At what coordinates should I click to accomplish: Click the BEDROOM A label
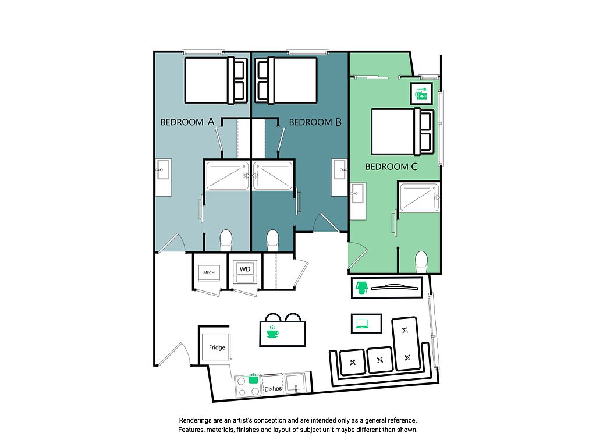187,122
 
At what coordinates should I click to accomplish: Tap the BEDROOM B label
315,122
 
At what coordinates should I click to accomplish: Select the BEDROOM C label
392,166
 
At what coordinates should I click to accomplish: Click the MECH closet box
209,272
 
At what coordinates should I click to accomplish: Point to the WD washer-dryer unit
245,272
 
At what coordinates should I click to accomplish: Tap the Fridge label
217,347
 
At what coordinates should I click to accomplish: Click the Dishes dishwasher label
273,389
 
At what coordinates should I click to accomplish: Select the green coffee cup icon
272,332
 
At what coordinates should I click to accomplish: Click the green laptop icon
362,324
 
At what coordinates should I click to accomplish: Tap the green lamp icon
361,288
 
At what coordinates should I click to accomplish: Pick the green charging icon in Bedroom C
421,94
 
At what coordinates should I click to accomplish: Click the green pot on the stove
253,378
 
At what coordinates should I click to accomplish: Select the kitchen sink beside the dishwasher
296,383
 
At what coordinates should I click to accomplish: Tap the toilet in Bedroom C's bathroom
421,262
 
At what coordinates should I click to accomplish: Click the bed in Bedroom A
215,80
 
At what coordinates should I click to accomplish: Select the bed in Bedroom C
402,132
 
